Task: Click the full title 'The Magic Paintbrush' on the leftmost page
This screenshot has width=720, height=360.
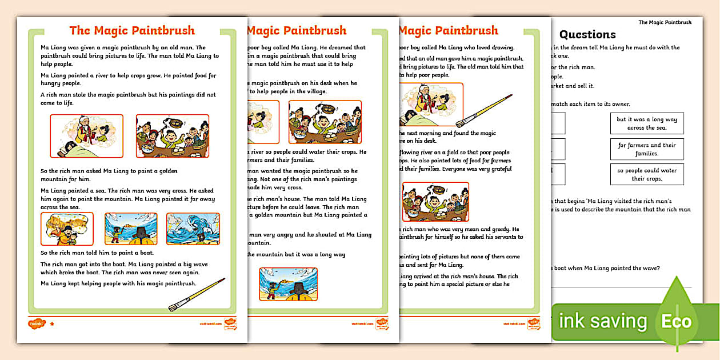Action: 132,31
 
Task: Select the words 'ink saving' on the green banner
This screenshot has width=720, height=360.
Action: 602,322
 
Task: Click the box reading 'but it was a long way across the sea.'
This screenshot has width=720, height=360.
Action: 647,123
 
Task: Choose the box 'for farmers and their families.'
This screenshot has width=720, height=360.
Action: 647,149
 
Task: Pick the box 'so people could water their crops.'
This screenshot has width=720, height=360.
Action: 647,174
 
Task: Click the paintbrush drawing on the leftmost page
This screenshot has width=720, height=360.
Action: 197,294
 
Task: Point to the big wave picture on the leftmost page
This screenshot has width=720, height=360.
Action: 193,229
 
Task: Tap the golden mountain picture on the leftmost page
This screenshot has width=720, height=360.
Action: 67,229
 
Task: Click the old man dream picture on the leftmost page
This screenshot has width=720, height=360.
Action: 86,136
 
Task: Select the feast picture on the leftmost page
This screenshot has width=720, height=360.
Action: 172,136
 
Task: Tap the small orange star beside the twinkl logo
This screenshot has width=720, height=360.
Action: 52,324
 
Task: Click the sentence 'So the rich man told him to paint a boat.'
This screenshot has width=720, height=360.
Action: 97,253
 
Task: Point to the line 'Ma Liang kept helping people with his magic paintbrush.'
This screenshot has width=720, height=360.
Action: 118,283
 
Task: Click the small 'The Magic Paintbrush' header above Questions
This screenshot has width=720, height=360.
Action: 665,22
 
